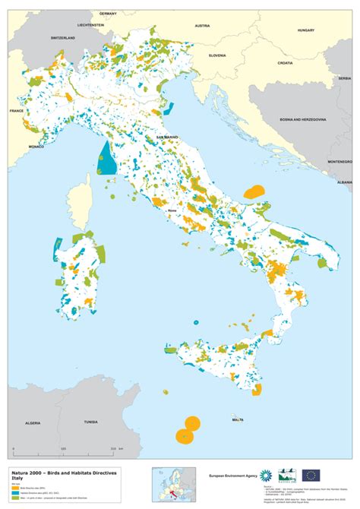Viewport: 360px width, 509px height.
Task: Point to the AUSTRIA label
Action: click(x=202, y=26)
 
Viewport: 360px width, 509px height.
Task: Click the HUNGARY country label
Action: click(x=306, y=30)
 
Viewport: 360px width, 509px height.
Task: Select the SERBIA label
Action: click(x=345, y=78)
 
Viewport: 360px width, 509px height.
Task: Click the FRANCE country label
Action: click(x=16, y=111)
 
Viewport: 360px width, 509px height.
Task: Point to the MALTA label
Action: click(x=238, y=419)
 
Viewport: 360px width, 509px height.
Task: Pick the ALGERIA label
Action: click(x=32, y=421)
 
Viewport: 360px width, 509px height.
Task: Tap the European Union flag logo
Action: click(x=311, y=476)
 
